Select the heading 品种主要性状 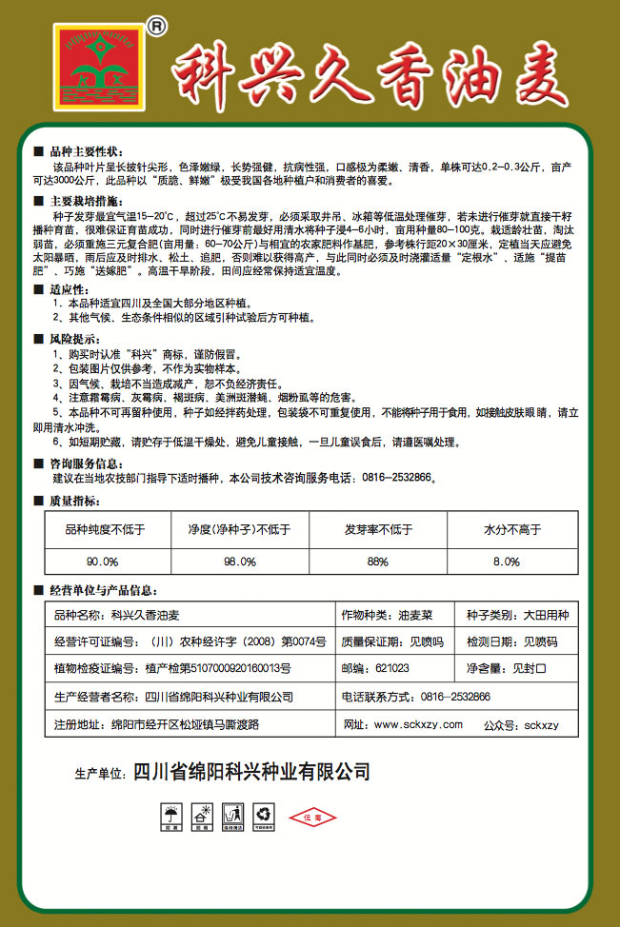(86, 151)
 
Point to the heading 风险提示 (73, 339)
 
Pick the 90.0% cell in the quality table (103, 561)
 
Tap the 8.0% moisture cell (506, 561)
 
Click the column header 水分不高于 (506, 529)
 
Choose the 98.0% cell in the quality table (239, 561)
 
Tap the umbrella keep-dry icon (171, 817)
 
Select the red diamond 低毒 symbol (313, 817)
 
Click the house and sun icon (202, 817)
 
